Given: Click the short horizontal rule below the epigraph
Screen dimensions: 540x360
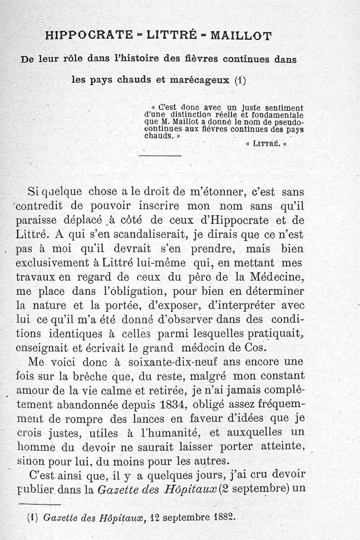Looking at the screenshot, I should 160,156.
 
